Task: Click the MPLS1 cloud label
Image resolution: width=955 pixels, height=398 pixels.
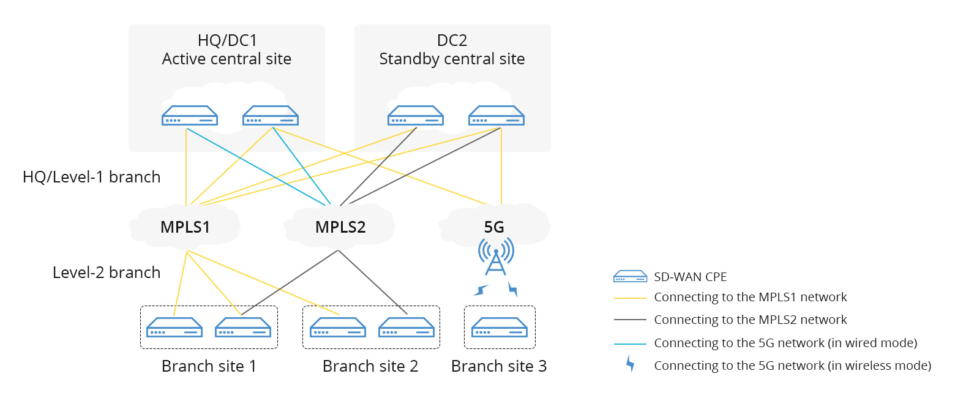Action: (x=185, y=227)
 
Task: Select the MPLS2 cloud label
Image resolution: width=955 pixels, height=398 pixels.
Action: (x=340, y=227)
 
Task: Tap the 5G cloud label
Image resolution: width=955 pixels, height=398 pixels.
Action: (x=494, y=227)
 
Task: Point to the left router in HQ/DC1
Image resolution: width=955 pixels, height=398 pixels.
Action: (x=189, y=116)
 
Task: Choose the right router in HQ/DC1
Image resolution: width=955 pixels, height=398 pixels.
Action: (x=270, y=116)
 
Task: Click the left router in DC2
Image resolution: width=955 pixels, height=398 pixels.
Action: (x=416, y=116)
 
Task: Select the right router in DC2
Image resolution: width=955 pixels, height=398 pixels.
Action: (x=496, y=116)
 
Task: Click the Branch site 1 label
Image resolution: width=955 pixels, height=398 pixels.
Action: (x=209, y=367)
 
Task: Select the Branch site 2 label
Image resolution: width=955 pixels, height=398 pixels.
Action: (x=370, y=367)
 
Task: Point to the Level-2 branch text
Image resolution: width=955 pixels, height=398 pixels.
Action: (x=107, y=272)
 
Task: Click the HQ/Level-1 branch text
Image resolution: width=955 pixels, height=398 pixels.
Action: (x=91, y=177)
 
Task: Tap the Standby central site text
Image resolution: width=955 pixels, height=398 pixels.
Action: (x=452, y=59)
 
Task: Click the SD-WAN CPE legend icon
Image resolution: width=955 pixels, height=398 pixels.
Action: (x=630, y=277)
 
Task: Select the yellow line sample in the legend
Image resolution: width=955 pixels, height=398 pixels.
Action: (x=630, y=298)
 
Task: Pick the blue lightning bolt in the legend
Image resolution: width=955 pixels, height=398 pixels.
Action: (x=629, y=365)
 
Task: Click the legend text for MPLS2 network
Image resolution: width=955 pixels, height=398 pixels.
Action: (x=751, y=320)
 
